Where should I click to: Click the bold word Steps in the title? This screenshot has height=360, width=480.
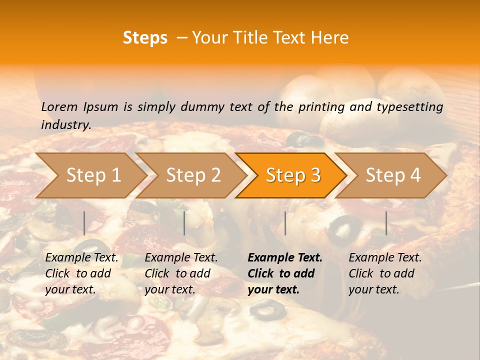click(145, 38)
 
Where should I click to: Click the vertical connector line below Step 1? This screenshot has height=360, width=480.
click(84, 223)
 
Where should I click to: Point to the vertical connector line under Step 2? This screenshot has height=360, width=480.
click(184, 223)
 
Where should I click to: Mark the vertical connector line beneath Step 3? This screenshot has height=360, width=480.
click(285, 223)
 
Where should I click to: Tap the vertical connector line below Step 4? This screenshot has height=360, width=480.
click(386, 223)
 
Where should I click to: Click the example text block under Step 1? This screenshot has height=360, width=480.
click(81, 273)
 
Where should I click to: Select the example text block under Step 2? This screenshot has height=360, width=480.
click(181, 273)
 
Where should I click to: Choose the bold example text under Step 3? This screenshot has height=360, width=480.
click(285, 273)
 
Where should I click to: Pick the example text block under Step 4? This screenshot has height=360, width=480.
click(385, 273)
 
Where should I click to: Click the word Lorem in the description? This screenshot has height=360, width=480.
click(59, 106)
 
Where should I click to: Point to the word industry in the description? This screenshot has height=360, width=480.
click(66, 125)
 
